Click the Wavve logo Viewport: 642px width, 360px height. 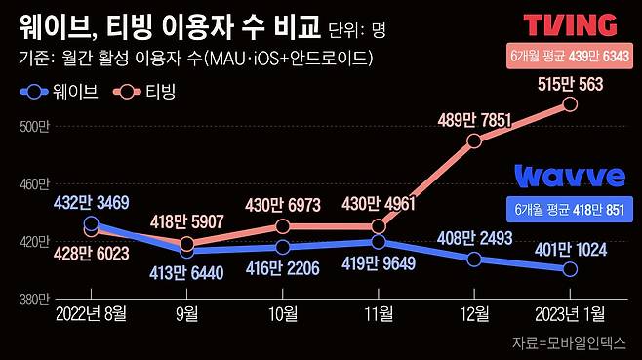coord(570,177)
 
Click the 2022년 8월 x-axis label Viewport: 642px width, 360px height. coord(91,313)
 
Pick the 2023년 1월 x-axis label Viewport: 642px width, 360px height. coord(570,313)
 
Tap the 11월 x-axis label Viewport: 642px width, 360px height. coord(379,313)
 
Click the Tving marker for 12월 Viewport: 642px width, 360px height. coord(474,140)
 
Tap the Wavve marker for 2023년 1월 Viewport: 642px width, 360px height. coord(570,269)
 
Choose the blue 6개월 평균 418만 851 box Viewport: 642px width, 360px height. coord(570,209)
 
